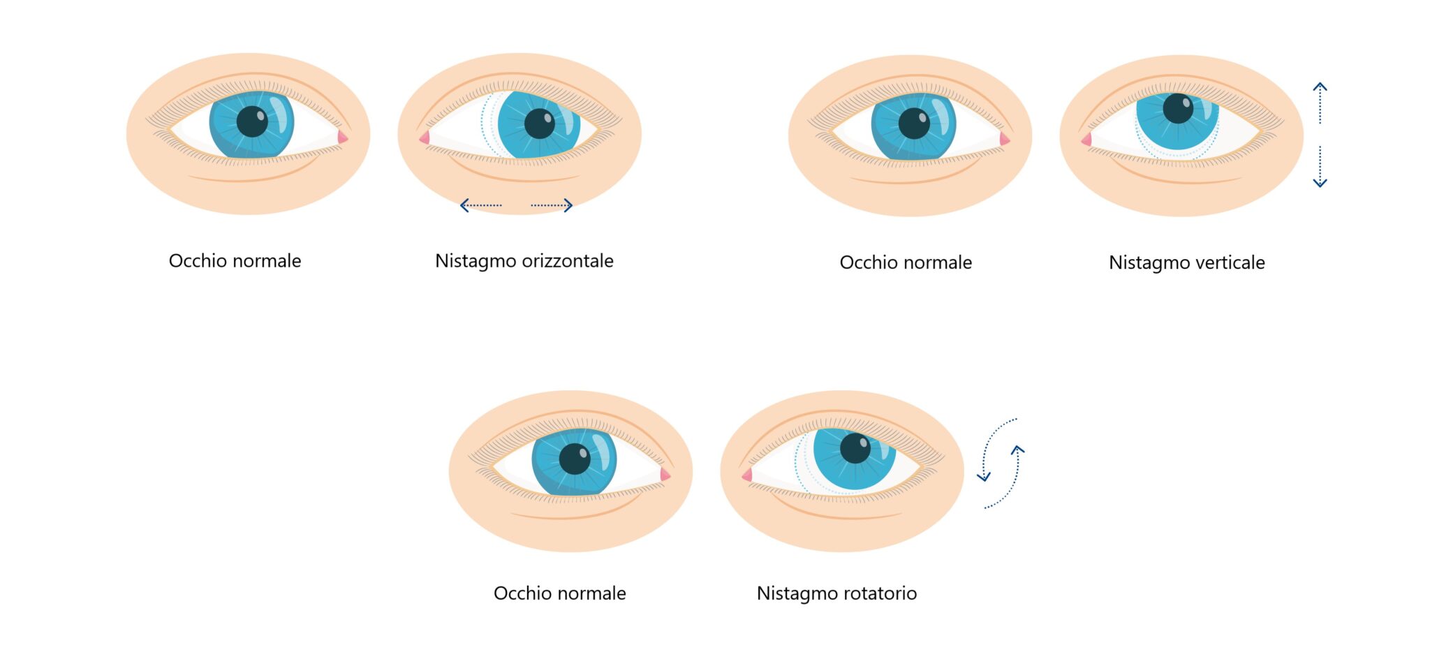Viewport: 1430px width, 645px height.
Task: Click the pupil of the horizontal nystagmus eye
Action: tap(539, 124)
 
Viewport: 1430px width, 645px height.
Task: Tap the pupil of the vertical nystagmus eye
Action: tap(1178, 108)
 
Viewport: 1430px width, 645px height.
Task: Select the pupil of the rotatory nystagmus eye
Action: tap(855, 447)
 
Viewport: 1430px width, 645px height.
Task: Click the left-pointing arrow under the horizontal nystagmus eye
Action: tap(480, 205)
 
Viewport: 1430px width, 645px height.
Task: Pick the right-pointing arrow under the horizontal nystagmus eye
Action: tap(552, 205)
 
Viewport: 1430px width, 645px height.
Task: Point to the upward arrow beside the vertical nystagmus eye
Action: tap(1320, 103)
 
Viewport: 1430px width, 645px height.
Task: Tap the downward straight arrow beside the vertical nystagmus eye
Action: tap(1320, 167)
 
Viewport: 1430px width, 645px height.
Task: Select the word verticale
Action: tap(1230, 263)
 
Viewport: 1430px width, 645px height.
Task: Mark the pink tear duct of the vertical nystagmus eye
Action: tap(1086, 140)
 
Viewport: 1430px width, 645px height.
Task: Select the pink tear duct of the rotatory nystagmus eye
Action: tap(747, 475)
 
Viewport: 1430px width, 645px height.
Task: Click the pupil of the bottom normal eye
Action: tap(575, 459)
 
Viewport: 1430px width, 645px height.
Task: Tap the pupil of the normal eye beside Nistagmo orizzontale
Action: tap(252, 121)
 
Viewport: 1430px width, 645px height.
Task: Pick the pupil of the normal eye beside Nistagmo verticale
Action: tap(914, 124)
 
